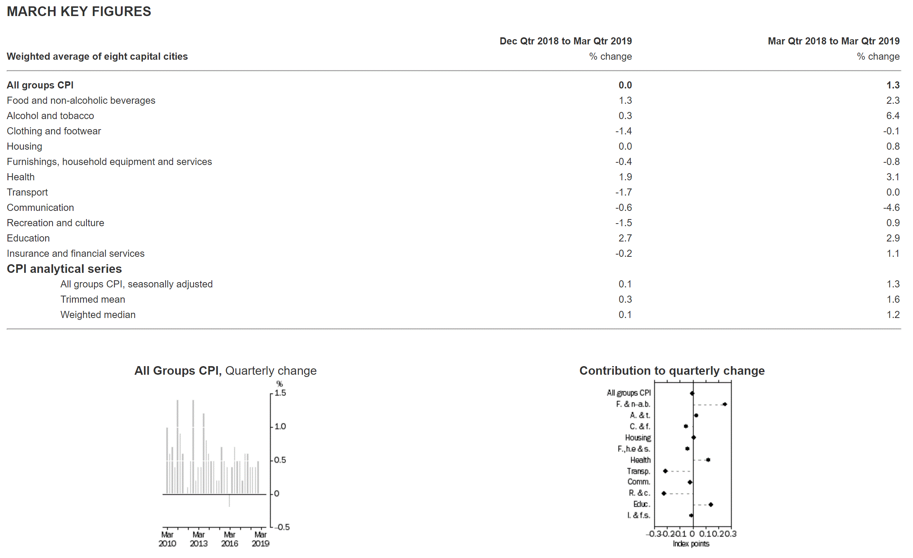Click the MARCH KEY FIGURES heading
79,12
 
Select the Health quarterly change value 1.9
625,177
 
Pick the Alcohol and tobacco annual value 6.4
893,116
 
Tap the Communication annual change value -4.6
891,208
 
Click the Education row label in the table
28,238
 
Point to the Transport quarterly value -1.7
624,192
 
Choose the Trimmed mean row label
92,299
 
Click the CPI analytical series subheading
64,269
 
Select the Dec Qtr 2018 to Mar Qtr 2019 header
566,41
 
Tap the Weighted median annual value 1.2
893,315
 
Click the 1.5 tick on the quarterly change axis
280,393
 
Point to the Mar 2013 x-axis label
198,539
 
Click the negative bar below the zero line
229,500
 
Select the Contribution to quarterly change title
672,371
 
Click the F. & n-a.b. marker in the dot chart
725,404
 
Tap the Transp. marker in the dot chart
665,471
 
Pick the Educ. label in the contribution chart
641,504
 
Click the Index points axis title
691,544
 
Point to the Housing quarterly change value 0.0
625,146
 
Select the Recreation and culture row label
56,223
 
